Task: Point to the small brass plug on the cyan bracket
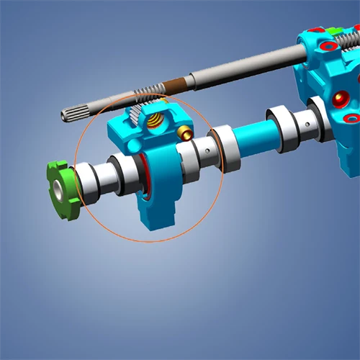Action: (x=186, y=132)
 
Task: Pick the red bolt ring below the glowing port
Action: (x=351, y=118)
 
